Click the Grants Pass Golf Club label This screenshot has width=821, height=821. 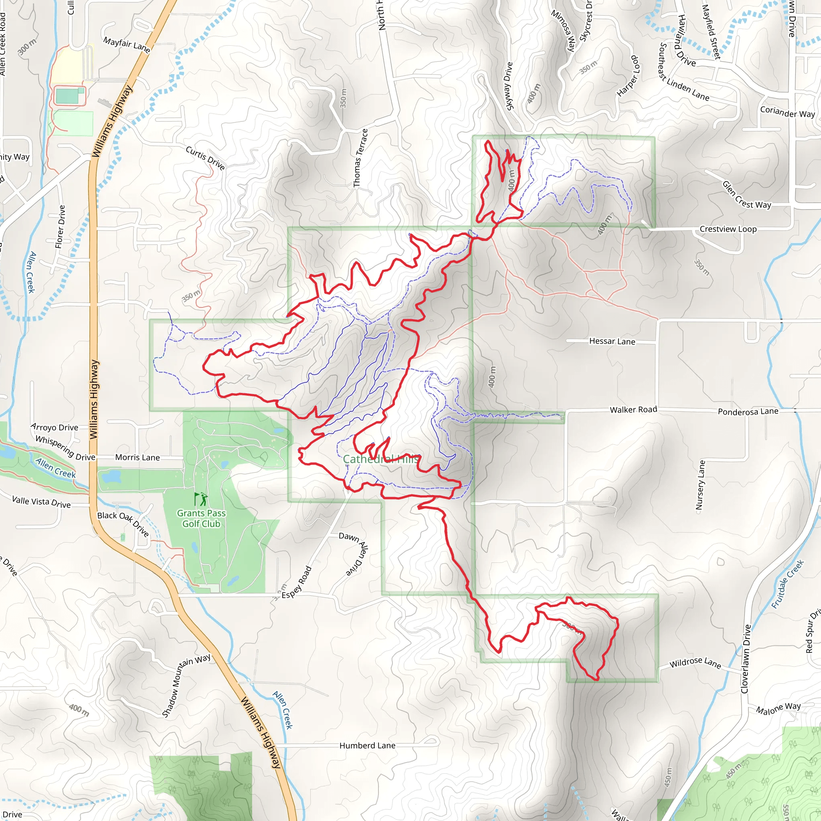[x=201, y=518]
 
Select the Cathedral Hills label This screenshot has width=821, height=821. [x=381, y=459]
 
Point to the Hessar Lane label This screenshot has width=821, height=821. [x=612, y=341]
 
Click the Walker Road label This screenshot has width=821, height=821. [x=633, y=410]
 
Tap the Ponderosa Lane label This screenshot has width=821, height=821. [x=748, y=411]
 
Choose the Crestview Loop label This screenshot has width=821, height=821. [x=728, y=229]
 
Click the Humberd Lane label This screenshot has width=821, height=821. [x=367, y=745]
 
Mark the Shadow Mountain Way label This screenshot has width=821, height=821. [x=186, y=686]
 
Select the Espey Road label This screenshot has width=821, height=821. [x=297, y=582]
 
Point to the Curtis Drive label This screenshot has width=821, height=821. [x=205, y=158]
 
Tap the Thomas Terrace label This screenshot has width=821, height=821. [x=360, y=158]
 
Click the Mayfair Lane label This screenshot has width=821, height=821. [x=127, y=44]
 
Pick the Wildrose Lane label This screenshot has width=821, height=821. [x=695, y=663]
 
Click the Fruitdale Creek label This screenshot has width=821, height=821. [x=787, y=584]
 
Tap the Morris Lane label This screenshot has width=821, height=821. [x=137, y=458]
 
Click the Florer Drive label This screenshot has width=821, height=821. [x=61, y=226]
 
